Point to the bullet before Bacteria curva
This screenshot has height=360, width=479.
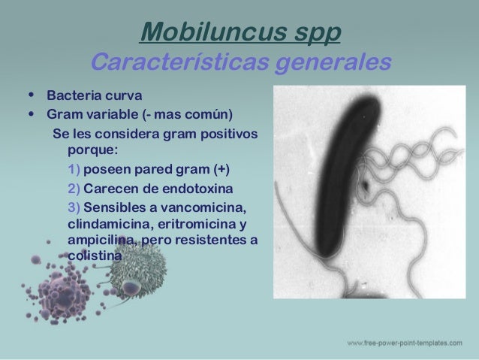tap(31, 96)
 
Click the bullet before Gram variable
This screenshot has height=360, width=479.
tap(31, 116)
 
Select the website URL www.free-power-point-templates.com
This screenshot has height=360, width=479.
tap(404, 343)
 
